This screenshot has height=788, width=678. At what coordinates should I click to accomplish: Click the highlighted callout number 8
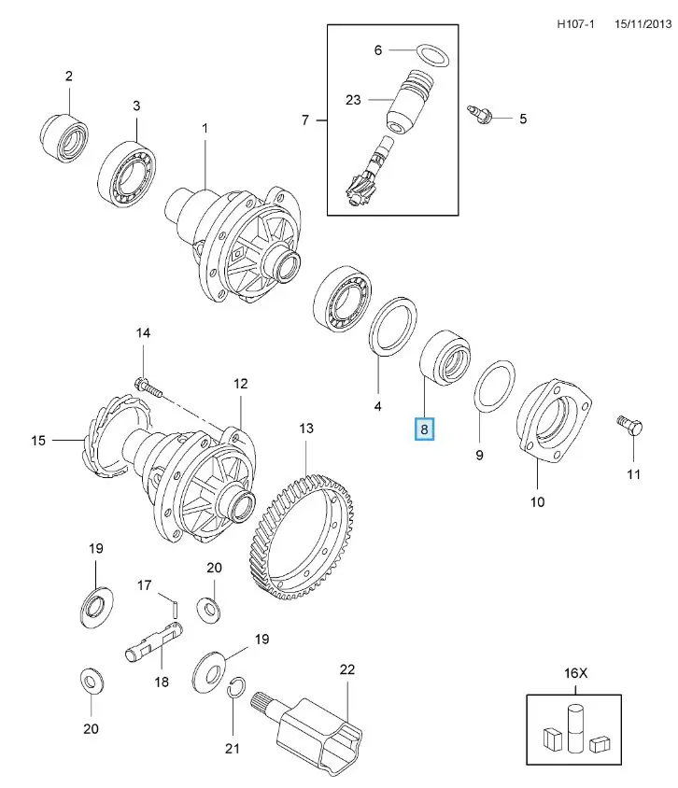424,429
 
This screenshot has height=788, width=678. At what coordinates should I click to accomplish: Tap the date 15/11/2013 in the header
643,24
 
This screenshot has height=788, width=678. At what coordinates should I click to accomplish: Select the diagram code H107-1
575,24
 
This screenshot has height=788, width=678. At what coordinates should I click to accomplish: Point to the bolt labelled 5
479,115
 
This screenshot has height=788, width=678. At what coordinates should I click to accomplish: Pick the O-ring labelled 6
432,55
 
